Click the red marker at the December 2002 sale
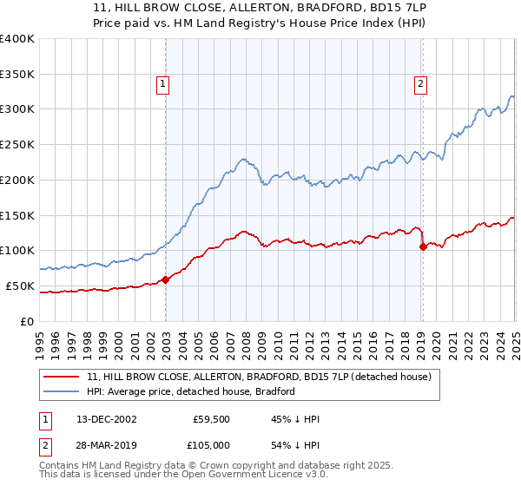(x=165, y=279)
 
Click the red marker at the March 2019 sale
(x=423, y=246)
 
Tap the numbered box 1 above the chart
(x=163, y=84)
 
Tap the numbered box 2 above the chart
(x=420, y=84)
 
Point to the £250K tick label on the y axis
(x=16, y=145)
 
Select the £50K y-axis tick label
(x=19, y=286)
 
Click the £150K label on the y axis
(x=16, y=215)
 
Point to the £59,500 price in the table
(x=208, y=419)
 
